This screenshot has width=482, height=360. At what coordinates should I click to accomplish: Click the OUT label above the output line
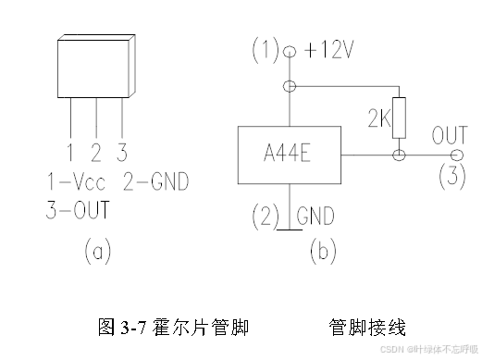pos(449,137)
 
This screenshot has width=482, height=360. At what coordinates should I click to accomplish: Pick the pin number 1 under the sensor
pos(70,150)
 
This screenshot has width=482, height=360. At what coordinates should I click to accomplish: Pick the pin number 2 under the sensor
pos(95,150)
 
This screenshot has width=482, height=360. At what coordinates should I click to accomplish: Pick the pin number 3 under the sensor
pos(121,150)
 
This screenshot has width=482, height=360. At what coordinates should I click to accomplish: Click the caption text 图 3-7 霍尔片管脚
pos(172,328)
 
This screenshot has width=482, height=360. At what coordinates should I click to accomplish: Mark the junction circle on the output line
pos(400,156)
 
